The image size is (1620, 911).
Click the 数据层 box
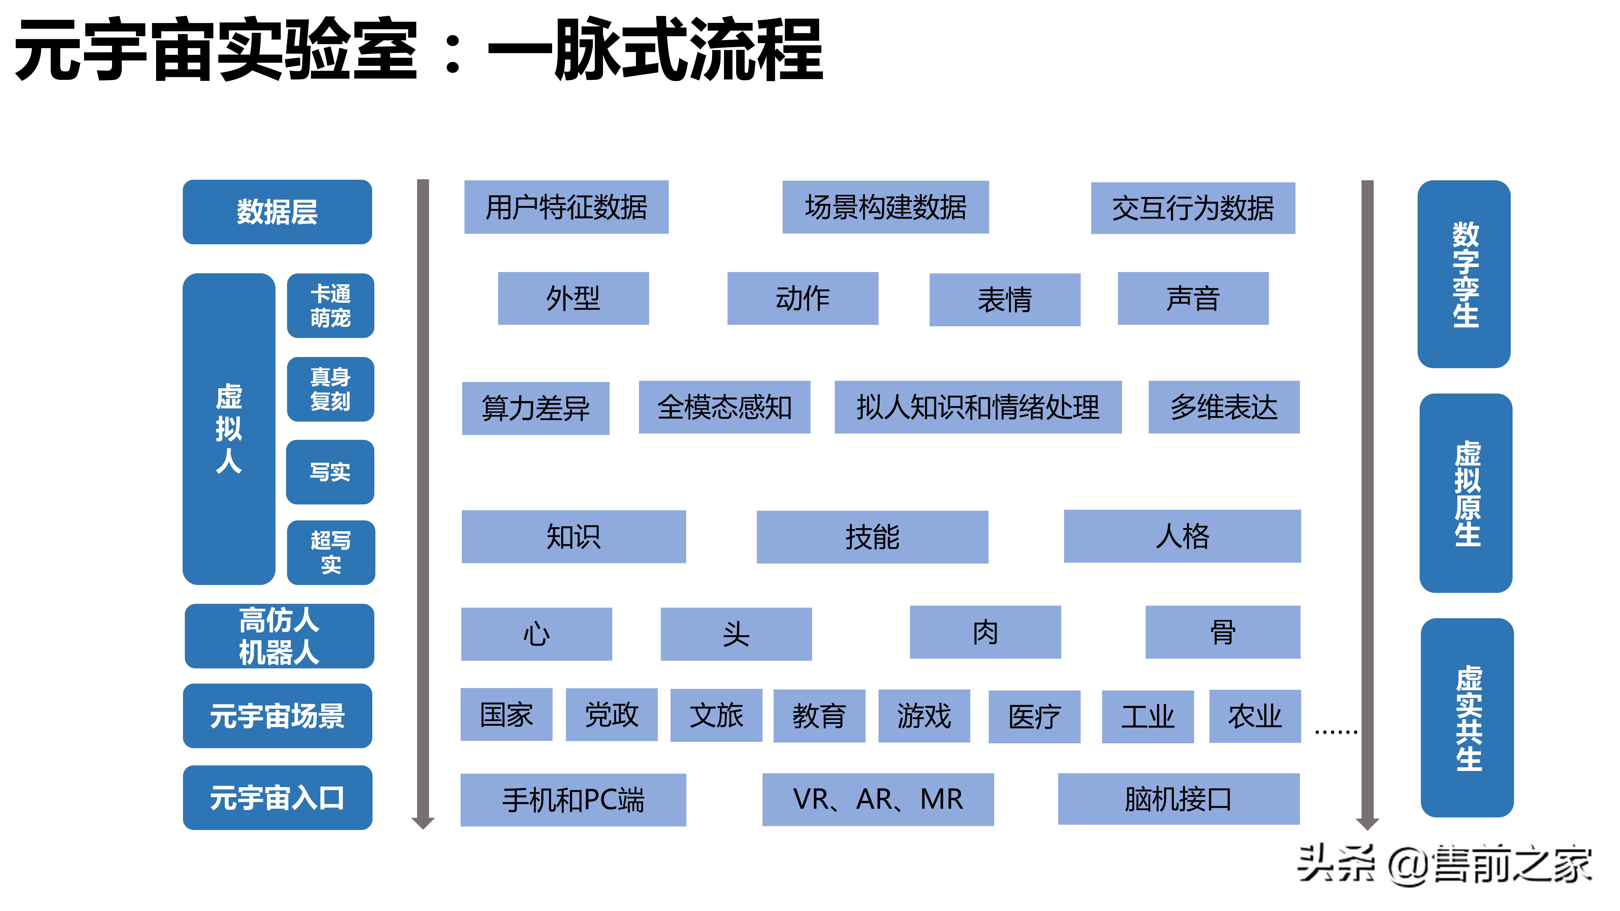click(277, 212)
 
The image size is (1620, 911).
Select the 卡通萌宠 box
click(330, 306)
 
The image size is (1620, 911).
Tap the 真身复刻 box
click(330, 389)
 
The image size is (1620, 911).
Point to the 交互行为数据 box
click(1192, 208)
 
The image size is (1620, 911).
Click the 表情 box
click(1004, 299)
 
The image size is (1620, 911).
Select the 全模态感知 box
click(724, 407)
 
